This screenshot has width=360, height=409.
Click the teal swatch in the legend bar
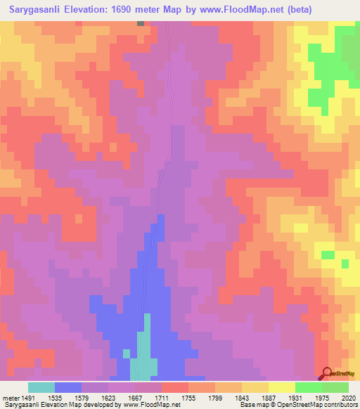click(41, 387)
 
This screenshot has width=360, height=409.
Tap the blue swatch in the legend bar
click(67, 387)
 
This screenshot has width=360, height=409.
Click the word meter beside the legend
click(8, 397)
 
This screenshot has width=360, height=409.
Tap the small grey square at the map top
click(141, 23)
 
